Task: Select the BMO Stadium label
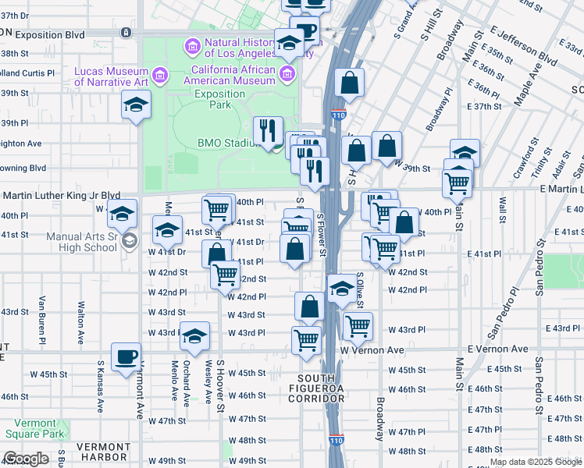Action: coord(227,143)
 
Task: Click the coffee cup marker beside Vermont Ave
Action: coord(126,358)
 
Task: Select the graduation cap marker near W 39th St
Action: coord(465,153)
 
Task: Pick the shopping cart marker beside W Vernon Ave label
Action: coord(306,340)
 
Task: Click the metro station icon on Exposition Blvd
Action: coord(126,33)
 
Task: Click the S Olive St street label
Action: coord(361,289)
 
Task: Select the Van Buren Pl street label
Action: coord(43,320)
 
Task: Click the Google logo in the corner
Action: coord(26,459)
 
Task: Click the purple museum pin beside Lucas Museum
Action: coord(159,76)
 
